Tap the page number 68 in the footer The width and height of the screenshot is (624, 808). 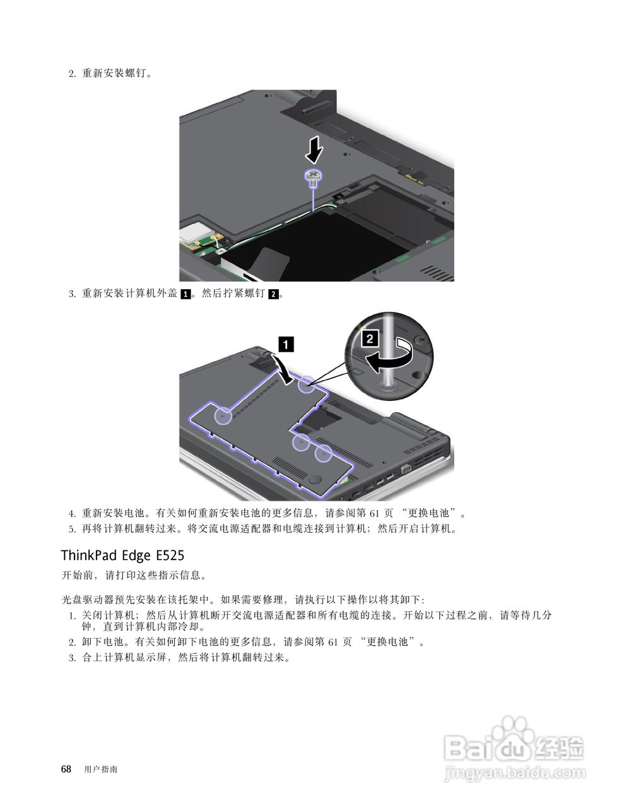click(66, 769)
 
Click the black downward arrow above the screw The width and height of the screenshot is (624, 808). click(314, 151)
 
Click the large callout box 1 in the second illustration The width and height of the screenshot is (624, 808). click(286, 344)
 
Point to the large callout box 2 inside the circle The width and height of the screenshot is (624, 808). click(370, 338)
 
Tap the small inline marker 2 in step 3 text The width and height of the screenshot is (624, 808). click(273, 294)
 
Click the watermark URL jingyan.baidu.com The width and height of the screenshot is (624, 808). click(515, 772)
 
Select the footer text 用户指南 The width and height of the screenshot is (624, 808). click(100, 769)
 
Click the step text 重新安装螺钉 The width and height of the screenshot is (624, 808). click(117, 73)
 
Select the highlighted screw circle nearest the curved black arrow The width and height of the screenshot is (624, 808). click(306, 384)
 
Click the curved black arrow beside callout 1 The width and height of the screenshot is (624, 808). click(282, 368)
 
